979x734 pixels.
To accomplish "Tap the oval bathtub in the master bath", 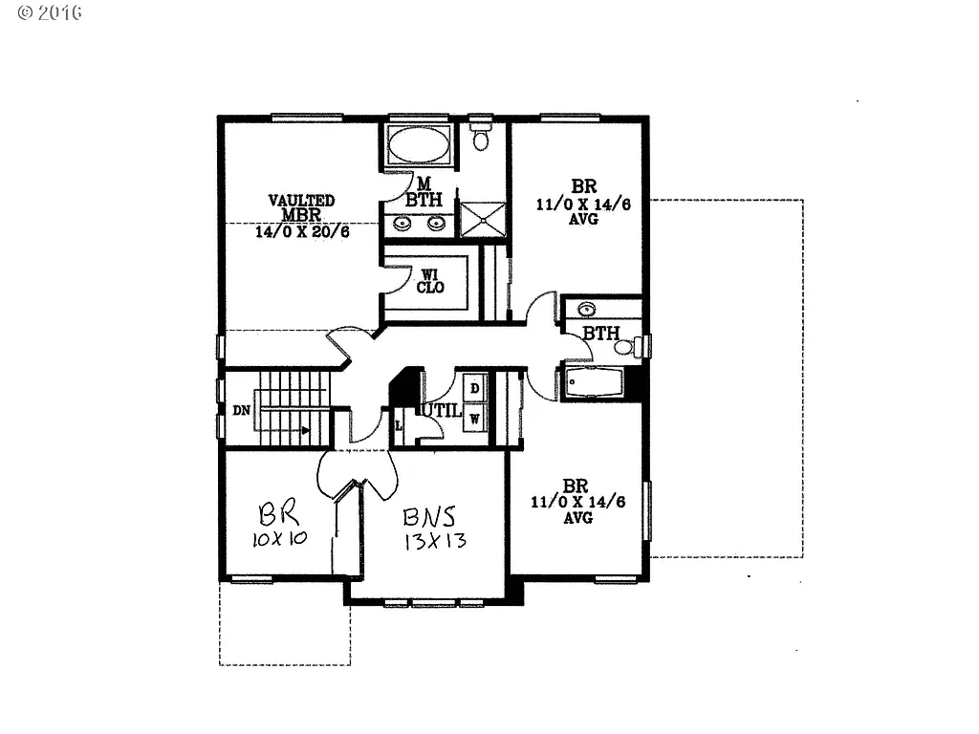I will click(419, 147).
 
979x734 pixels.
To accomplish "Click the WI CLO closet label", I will click(430, 281).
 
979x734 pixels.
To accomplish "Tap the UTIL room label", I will click(445, 411).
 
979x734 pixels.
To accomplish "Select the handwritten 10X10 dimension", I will click(279, 539).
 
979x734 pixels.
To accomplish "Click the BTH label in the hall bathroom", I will click(600, 334).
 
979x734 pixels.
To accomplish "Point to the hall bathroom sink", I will click(588, 309).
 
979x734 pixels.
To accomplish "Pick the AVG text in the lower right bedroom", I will click(577, 518).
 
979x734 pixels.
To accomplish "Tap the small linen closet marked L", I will click(399, 424).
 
